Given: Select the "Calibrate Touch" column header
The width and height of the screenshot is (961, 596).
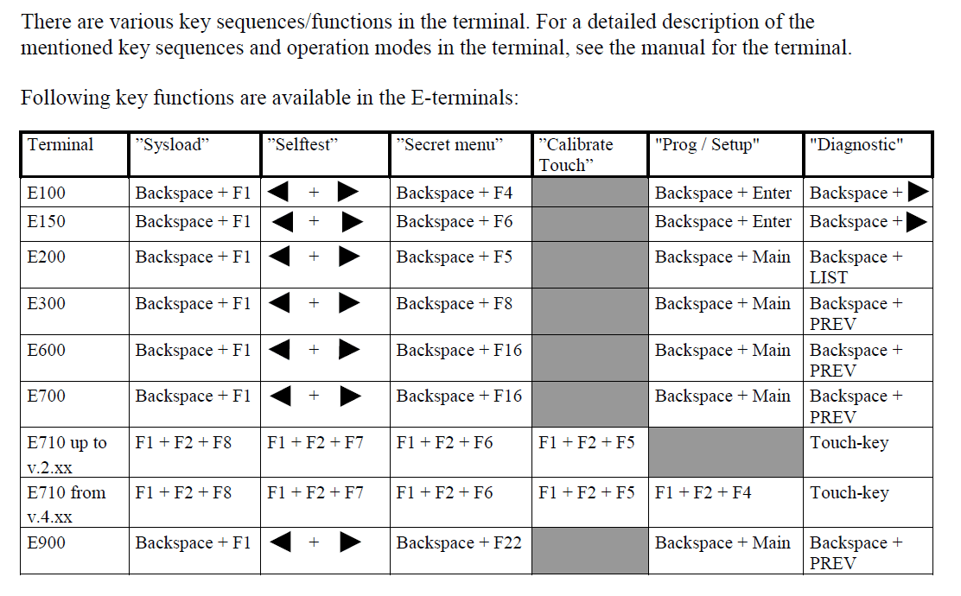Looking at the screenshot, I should coord(576,154).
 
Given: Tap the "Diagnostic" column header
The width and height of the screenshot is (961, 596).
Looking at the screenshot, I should coord(856,144).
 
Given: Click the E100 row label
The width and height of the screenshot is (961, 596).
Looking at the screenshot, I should coord(47,193).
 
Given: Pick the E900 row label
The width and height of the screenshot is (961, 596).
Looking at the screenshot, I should coord(47,542).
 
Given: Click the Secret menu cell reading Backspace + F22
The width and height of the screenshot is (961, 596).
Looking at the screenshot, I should coord(459,542).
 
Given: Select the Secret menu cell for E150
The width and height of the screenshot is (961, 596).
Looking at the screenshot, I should coord(455,221).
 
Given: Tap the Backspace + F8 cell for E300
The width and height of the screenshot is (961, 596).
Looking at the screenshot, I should coord(455,303).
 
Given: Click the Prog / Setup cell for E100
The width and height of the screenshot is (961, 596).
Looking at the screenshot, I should coord(723,193).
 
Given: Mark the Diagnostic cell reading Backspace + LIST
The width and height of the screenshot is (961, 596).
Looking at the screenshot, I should coord(856,266).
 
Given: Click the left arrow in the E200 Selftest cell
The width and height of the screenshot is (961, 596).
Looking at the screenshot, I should coord(278,257).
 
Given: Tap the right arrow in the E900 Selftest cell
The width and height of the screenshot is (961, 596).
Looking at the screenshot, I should coord(349,542).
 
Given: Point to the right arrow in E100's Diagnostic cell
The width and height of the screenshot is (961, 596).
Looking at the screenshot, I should coord(918,192).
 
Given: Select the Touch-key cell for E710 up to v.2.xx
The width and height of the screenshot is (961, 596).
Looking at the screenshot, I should coord(850,442).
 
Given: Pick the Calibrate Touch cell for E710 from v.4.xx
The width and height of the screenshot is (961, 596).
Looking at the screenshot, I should coord(586,492).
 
